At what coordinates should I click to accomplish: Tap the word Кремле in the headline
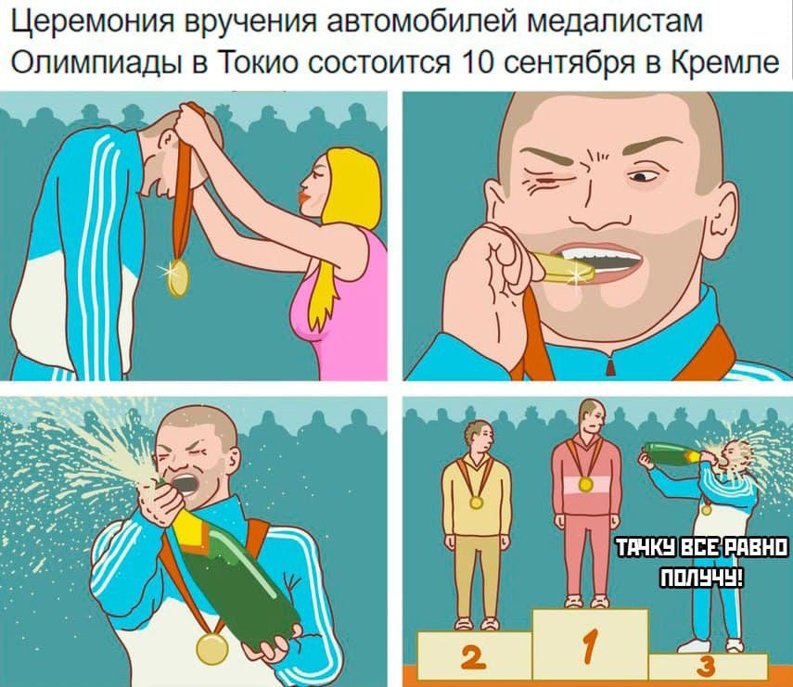coord(725,62)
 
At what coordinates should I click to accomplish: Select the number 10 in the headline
coord(479,62)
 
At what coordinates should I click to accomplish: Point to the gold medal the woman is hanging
coord(178,277)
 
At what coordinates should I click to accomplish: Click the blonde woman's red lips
coord(305,196)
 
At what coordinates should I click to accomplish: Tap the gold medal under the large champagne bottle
coord(211,649)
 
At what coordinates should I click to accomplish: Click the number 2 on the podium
coord(473,657)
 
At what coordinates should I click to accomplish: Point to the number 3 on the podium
coord(706,667)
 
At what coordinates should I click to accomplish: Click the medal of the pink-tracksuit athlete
coord(585,485)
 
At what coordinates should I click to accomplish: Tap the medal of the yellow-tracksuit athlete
coord(476,503)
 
